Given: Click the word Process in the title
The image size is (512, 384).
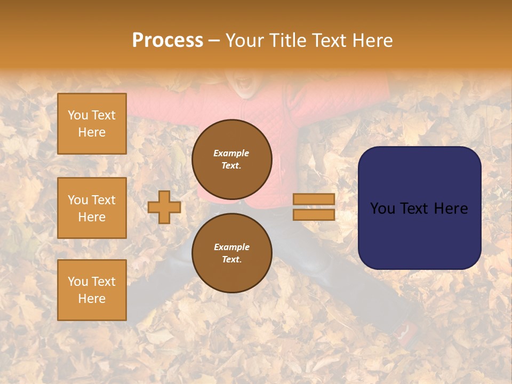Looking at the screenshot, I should tap(167, 41).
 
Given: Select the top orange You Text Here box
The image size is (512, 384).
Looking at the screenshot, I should tap(92, 124).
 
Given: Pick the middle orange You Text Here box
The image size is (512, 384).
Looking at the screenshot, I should tap(92, 208).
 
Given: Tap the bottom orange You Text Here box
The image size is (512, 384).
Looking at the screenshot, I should tap(92, 290).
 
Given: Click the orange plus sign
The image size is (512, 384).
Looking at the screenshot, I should tap(164, 207).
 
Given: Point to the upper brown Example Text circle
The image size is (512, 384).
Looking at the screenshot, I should tap(232, 159).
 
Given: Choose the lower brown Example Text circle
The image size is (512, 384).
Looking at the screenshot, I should tap(232, 253).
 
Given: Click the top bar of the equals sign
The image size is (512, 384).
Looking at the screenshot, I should tap(314, 199).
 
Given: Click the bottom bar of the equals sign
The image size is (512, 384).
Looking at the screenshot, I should tap(314, 214).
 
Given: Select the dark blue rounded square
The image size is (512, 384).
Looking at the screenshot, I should tap(419, 207).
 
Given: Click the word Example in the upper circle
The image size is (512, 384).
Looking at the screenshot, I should tap(231, 153).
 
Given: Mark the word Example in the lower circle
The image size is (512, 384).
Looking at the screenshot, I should tap(231, 247).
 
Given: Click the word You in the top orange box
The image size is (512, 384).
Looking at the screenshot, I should tap(77, 115).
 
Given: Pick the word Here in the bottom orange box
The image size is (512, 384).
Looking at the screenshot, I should tap(92, 299).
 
